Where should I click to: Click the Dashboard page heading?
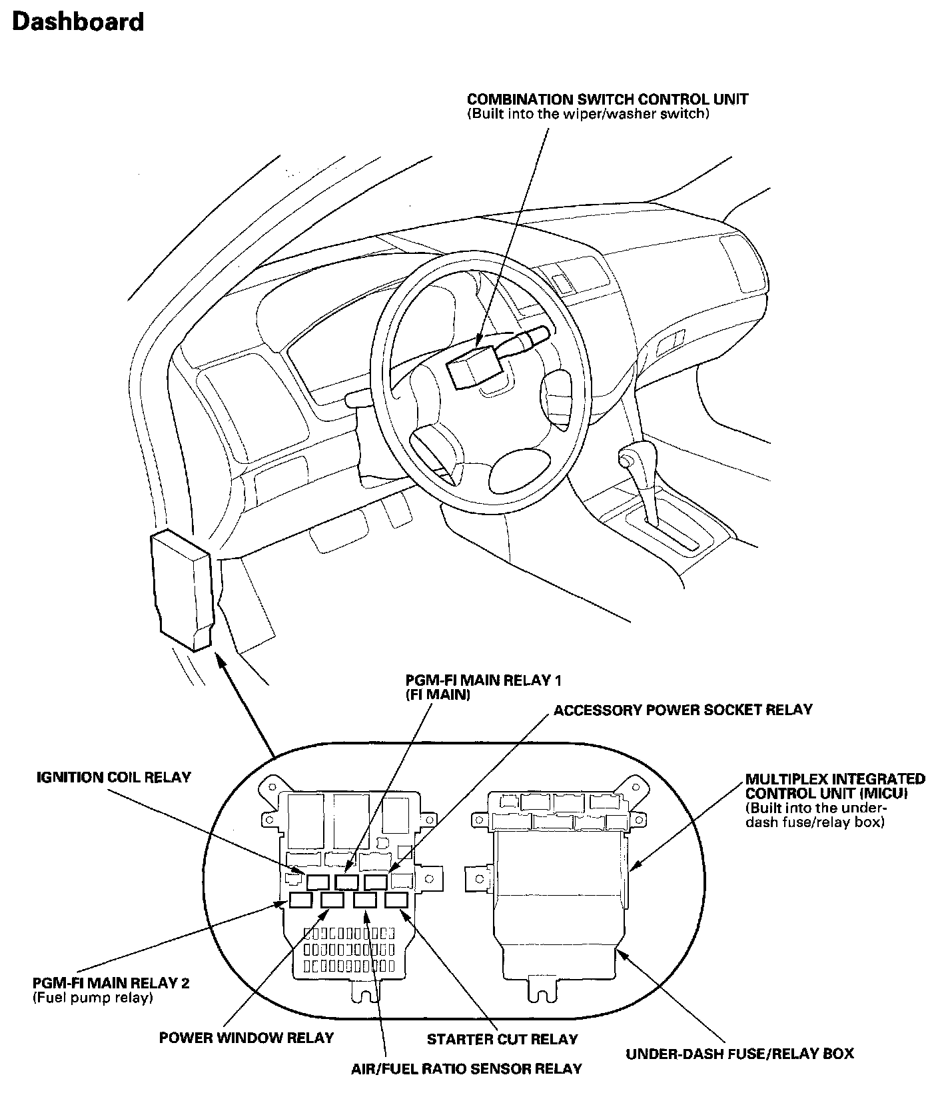click(77, 22)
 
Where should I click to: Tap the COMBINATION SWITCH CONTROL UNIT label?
click(607, 99)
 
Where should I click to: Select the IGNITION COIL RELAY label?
click(113, 777)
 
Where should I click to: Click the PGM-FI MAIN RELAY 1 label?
click(484, 680)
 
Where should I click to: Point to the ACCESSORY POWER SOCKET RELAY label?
click(683, 709)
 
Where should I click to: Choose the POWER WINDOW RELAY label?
click(246, 1038)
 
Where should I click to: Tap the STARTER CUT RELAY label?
click(502, 1039)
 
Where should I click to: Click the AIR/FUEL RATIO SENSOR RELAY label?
click(466, 1069)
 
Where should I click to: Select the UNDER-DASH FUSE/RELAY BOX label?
click(739, 1054)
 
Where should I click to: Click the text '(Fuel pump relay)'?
click(93, 998)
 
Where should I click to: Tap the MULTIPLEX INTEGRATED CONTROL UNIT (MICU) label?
click(835, 786)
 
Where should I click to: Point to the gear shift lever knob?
click(627, 457)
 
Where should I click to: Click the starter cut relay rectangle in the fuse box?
click(397, 900)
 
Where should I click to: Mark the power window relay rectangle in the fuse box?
click(332, 900)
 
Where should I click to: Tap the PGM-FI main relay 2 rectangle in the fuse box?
click(300, 900)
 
